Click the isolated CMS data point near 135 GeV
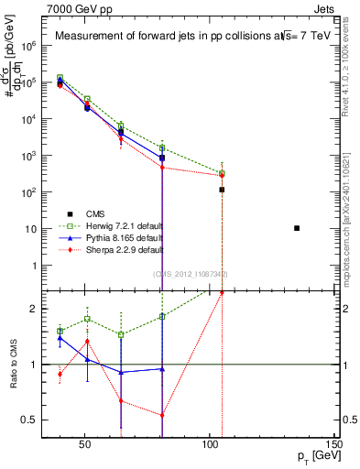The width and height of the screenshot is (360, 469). pos(297,228)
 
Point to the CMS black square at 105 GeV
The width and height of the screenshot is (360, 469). pos(222,190)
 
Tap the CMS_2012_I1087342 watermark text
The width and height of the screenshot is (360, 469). pos(190,274)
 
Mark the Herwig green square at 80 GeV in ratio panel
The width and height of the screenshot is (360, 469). pos(162,316)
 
